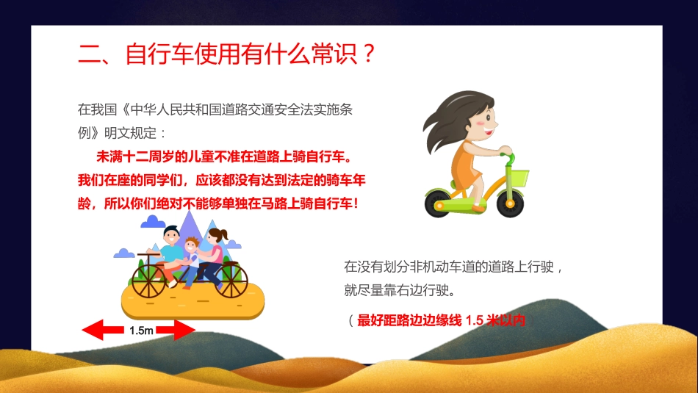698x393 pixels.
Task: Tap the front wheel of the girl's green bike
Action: tap(510, 203)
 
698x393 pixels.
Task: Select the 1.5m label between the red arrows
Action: tap(141, 331)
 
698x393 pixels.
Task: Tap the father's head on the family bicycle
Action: tap(170, 237)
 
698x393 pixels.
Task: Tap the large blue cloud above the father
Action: tap(154, 221)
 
